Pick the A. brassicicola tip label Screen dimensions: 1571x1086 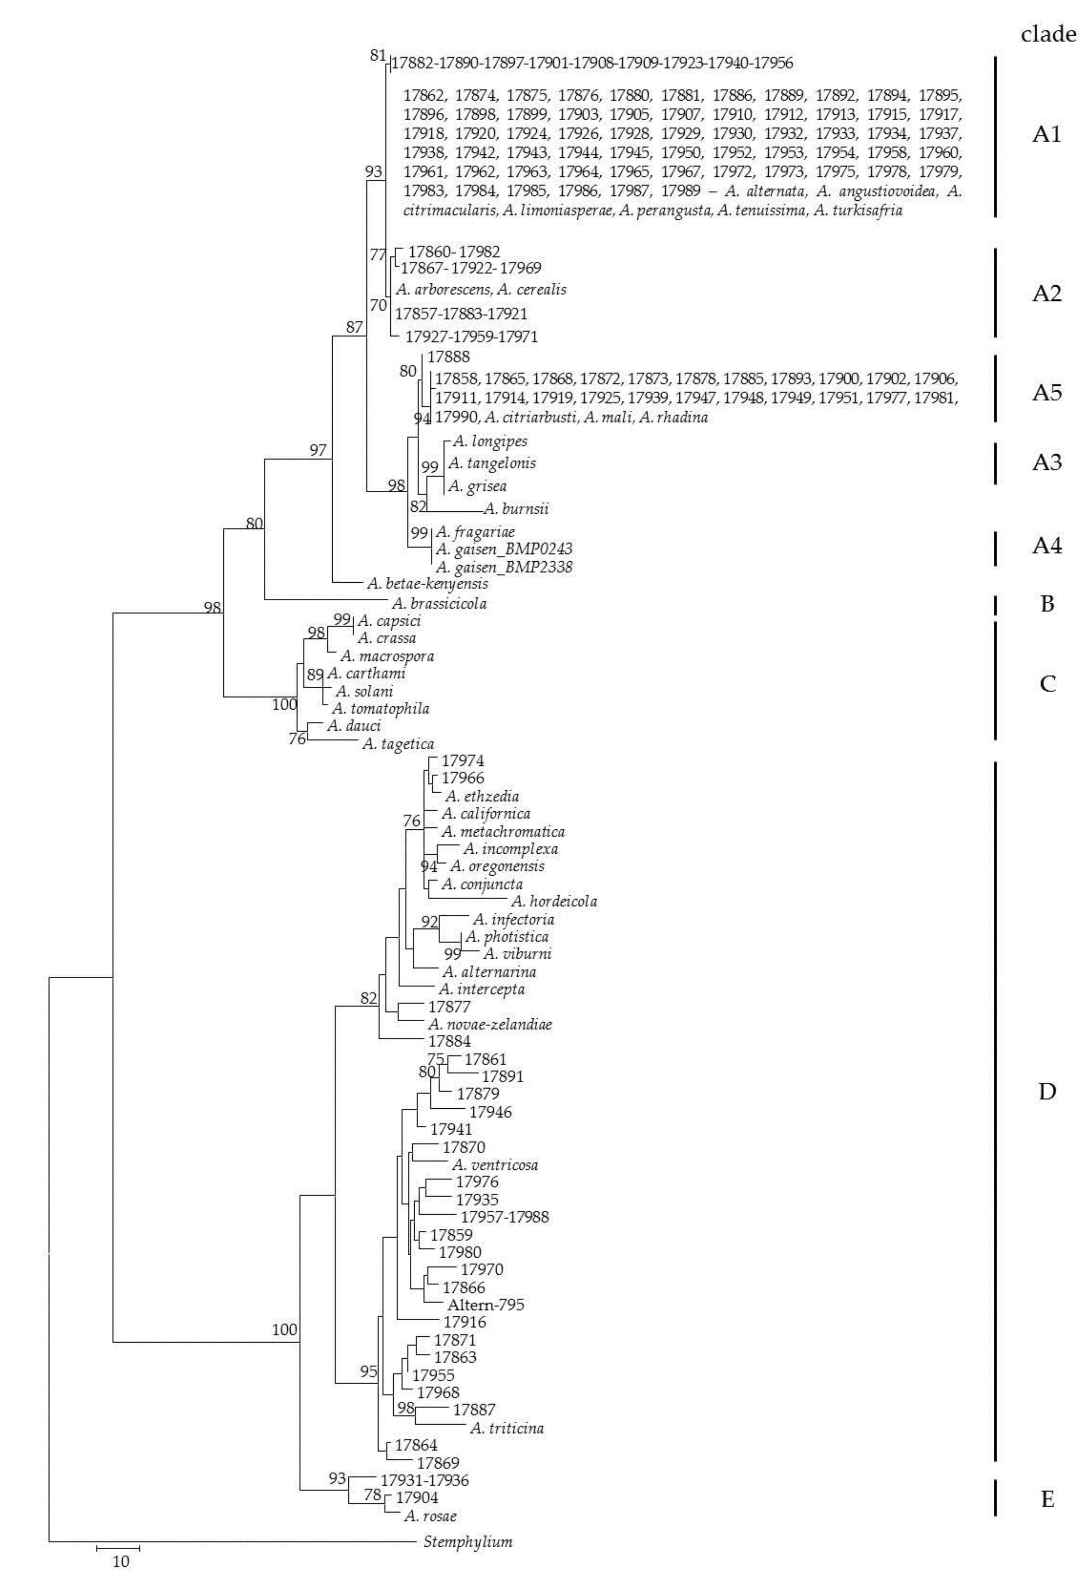(439, 604)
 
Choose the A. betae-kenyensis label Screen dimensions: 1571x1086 (427, 584)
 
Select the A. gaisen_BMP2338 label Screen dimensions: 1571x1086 (504, 567)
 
